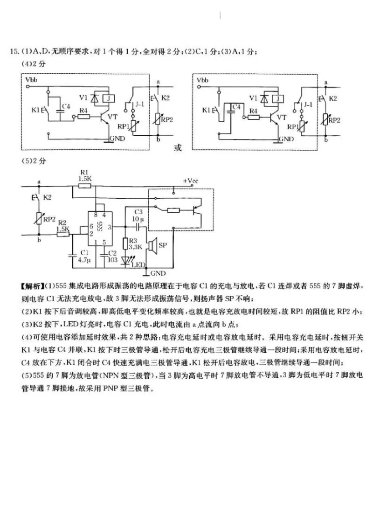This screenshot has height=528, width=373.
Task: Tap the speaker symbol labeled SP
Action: tap(152, 245)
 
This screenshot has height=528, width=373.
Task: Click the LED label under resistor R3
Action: tap(138, 265)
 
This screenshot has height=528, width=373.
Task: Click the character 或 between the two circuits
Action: tap(177, 148)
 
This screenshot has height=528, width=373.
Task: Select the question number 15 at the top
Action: tap(13, 51)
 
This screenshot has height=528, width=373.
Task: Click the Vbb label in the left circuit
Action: tap(32, 80)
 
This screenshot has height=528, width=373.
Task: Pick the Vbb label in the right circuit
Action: tap(203, 80)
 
